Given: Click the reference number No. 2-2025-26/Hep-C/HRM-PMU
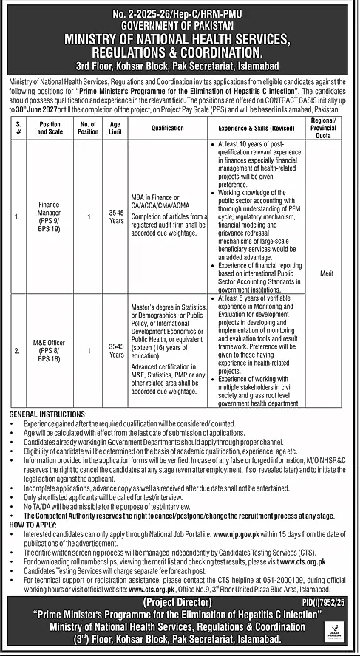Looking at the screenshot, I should tap(180, 13).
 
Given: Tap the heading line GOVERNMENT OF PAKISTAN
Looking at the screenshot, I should tap(180, 24).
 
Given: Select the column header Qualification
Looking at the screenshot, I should tap(167, 128).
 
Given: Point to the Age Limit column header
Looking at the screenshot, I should tap(117, 128).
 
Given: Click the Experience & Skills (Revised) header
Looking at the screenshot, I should tap(259, 128).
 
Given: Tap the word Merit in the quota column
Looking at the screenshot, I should tap(326, 273).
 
